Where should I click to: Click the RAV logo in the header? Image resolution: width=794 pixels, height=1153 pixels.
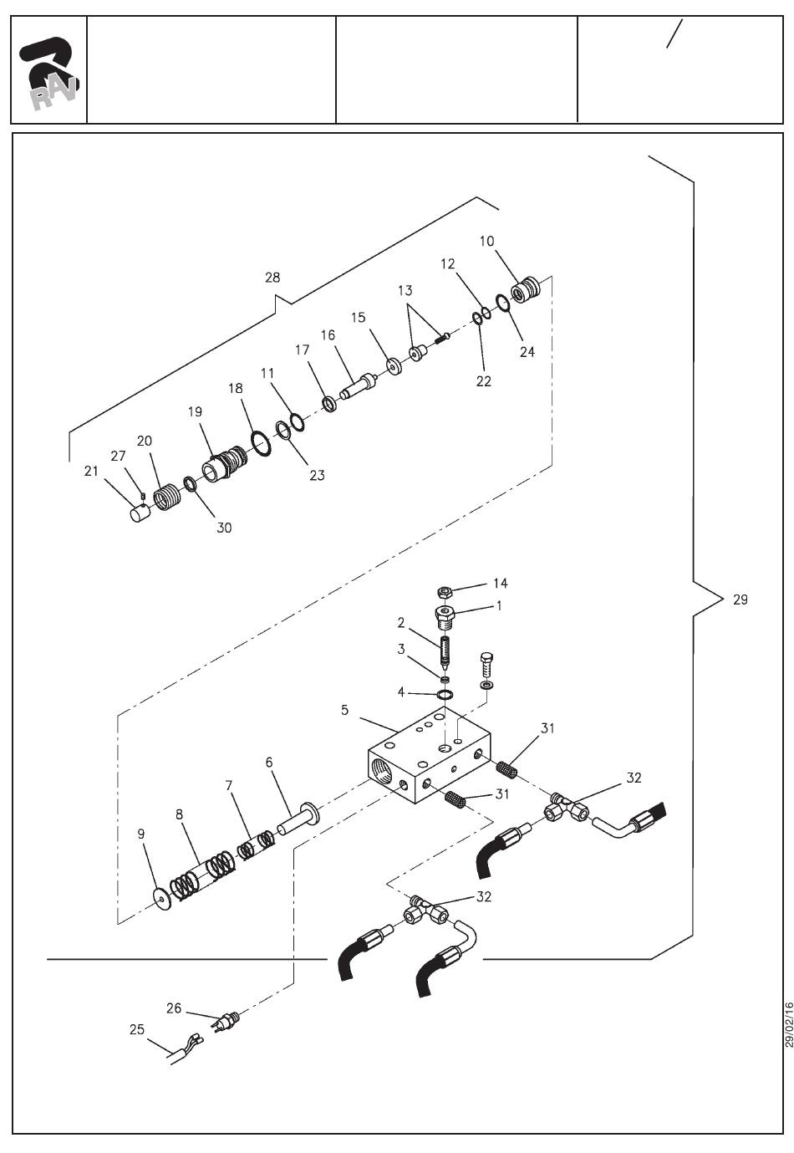(x=48, y=74)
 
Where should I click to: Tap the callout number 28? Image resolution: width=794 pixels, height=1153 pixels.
(x=272, y=278)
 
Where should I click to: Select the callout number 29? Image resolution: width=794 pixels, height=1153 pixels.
(x=740, y=599)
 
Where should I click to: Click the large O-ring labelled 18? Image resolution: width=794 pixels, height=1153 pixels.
(x=262, y=443)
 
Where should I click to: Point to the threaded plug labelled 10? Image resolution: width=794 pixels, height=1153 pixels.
(x=526, y=289)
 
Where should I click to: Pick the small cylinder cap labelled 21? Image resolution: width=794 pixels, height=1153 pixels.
(x=139, y=513)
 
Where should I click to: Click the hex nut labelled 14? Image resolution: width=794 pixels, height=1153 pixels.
(x=445, y=591)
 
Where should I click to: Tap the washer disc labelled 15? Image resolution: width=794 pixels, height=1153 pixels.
(x=394, y=366)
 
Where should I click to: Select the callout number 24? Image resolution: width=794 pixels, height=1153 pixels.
(x=527, y=352)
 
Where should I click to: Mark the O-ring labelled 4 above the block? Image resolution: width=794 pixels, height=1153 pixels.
(x=445, y=694)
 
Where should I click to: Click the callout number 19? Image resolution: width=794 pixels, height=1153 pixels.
(x=195, y=411)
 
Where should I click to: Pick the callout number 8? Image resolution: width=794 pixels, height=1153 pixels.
(x=179, y=814)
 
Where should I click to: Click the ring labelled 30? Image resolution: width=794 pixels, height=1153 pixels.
(x=190, y=484)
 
